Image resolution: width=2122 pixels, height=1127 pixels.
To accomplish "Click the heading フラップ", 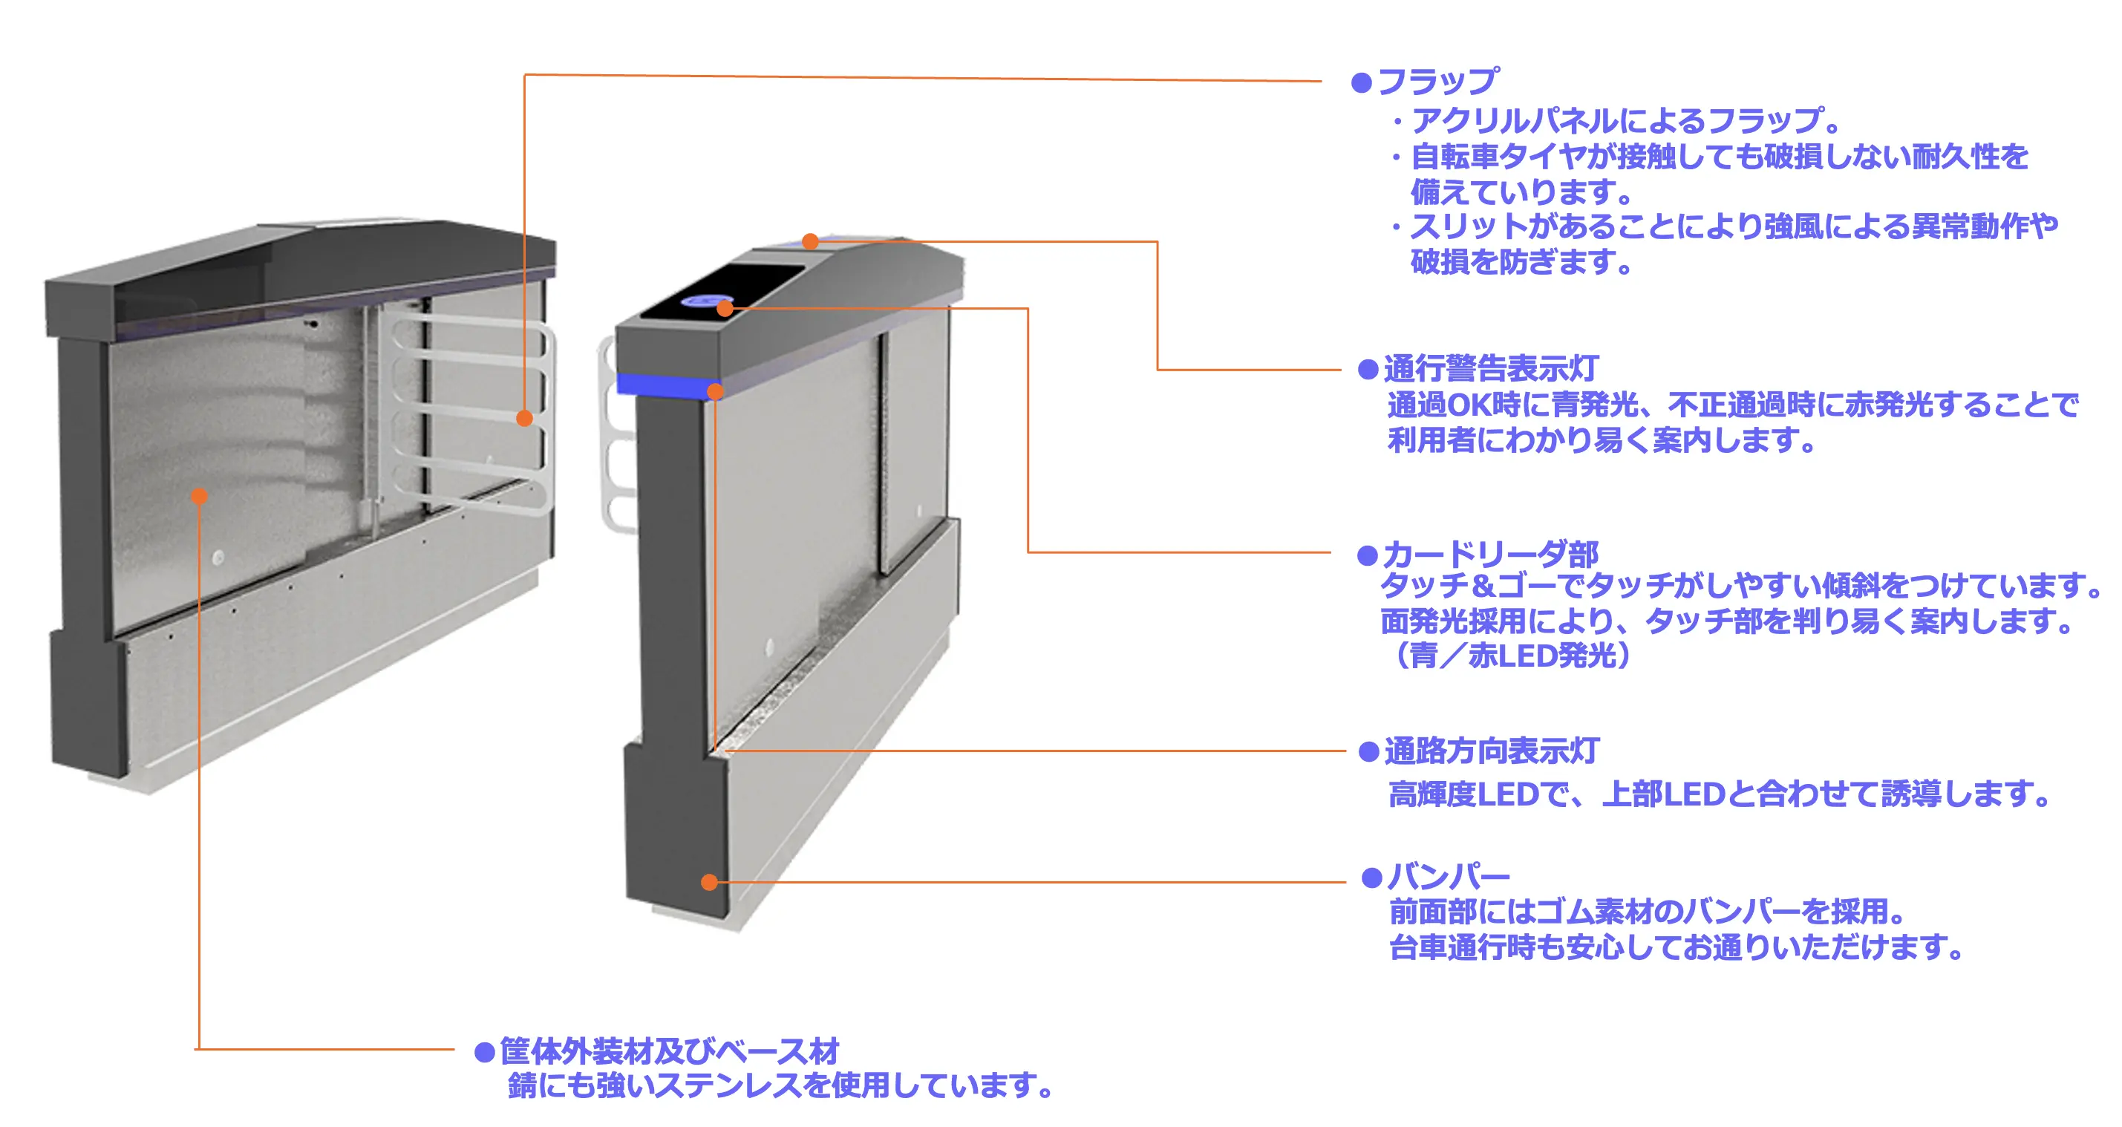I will click(1437, 81).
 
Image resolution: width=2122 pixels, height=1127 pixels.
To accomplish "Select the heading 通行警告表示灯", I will click(1491, 369).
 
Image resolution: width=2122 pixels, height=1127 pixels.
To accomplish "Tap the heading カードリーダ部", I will click(1490, 554).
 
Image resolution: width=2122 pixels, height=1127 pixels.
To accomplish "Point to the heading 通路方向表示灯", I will click(1491, 751).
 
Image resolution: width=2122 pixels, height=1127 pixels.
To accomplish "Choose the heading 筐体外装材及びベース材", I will click(669, 1051).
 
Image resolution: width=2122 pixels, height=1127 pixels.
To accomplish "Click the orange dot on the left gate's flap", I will click(525, 419).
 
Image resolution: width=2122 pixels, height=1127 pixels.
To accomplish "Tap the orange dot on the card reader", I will click(725, 309).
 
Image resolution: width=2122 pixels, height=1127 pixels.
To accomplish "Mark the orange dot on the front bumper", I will click(709, 882).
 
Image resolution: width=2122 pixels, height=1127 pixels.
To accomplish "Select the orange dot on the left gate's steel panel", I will click(199, 496).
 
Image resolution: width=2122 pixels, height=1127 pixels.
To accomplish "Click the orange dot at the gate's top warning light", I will click(811, 241).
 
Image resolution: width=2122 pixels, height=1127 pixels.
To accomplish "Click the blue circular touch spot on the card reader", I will click(705, 301).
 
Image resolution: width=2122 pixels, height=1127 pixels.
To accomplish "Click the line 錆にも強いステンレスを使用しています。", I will click(780, 1086).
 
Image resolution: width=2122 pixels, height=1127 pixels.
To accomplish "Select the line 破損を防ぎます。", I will click(1521, 262).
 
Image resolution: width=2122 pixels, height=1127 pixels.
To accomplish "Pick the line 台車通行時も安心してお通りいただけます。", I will click(1677, 947).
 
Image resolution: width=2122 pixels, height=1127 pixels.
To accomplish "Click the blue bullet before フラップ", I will click(1362, 82).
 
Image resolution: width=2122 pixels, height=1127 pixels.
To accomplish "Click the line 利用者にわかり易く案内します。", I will click(1602, 440).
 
